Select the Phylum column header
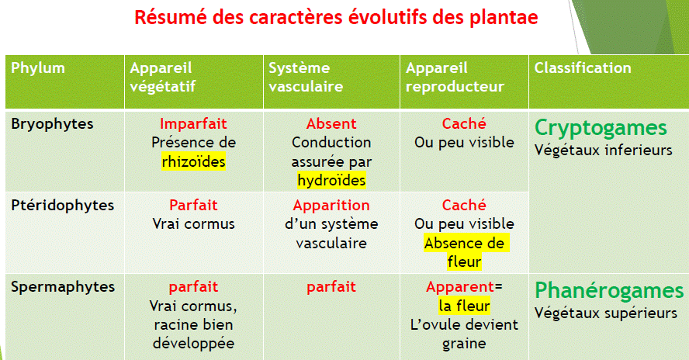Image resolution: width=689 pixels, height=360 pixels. click(38, 67)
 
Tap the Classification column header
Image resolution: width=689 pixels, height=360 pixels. click(583, 67)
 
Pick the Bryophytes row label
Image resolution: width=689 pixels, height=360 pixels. click(52, 123)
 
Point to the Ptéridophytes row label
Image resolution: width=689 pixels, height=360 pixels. click(63, 205)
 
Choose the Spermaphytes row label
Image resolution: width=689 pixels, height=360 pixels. click(63, 286)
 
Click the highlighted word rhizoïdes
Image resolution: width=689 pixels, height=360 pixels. click(193, 161)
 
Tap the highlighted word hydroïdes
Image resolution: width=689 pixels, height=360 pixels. click(331, 180)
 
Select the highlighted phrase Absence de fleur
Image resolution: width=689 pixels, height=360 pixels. click(464, 252)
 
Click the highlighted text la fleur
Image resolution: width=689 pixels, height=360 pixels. click(464, 306)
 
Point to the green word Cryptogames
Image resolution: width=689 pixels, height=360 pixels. click(601, 127)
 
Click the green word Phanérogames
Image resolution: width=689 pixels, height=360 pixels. click(609, 290)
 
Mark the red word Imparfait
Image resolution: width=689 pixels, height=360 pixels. click(193, 123)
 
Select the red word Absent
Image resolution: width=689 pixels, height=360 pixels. click(331, 123)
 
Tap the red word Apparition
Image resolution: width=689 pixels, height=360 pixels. click(331, 206)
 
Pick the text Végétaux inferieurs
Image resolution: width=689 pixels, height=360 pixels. click(603, 150)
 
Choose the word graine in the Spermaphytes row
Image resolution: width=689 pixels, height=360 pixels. click(464, 343)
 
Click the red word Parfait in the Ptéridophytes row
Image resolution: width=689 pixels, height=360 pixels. click(193, 206)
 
